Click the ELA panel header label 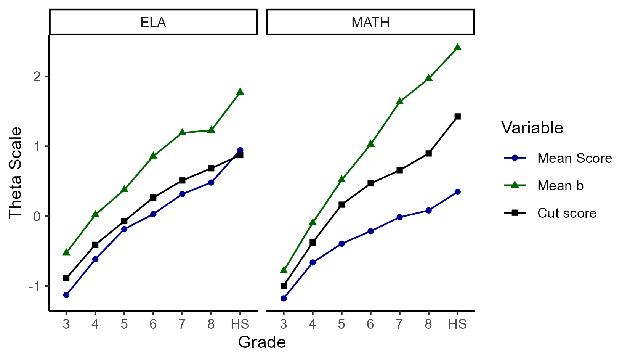tap(153, 22)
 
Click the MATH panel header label tap(370, 22)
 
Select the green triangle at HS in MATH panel tap(457, 47)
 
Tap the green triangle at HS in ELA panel tap(240, 92)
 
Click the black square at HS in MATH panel tap(457, 116)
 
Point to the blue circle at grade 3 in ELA tap(66, 295)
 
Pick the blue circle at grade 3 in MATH tap(284, 298)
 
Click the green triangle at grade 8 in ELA tap(211, 130)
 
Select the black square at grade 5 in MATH tap(341, 205)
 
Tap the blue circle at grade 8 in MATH tap(428, 211)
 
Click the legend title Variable tap(532, 128)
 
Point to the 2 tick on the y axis tap(37, 77)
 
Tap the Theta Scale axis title tap(16, 173)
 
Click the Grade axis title tap(262, 342)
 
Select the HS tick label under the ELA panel tap(240, 324)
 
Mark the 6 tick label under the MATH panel tap(370, 324)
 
